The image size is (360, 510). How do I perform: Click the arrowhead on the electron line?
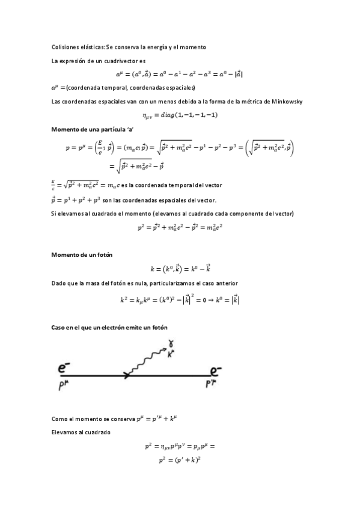127,376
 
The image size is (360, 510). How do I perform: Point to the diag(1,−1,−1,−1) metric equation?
180,115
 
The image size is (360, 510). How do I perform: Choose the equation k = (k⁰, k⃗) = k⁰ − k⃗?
180,269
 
